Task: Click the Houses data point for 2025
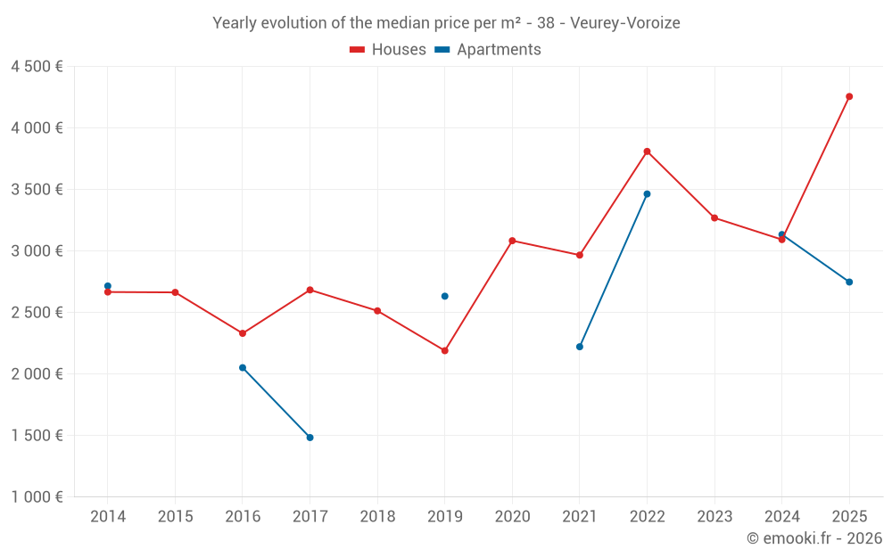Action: coord(849,96)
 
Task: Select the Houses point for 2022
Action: coord(647,152)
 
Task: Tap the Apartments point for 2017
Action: coord(310,438)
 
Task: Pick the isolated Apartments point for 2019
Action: coord(444,296)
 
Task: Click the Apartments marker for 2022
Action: coord(647,193)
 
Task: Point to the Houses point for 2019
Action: coord(444,350)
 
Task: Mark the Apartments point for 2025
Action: coord(849,282)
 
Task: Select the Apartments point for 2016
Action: coord(243,367)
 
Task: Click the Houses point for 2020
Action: coord(512,241)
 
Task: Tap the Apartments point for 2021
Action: coord(580,347)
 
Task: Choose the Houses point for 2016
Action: coord(243,333)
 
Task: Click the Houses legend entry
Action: coord(388,50)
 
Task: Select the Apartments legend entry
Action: coord(488,50)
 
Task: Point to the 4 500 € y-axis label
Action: coord(37,67)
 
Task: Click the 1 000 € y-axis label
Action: coord(37,497)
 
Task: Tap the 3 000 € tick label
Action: coord(37,251)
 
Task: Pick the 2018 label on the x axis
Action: coord(377,516)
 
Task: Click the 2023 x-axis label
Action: coord(714,516)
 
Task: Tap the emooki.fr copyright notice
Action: coord(814,538)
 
